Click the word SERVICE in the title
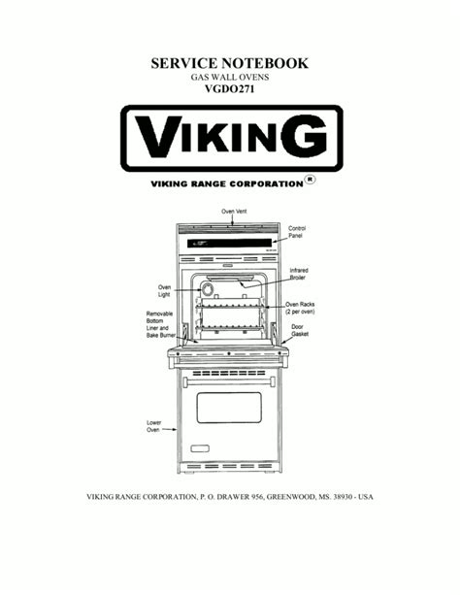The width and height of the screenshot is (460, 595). click(x=183, y=63)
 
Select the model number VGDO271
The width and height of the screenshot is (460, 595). click(x=230, y=88)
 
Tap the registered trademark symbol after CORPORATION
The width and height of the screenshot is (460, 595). click(x=311, y=180)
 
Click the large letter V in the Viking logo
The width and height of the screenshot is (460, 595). click(x=158, y=136)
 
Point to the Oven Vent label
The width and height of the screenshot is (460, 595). click(x=234, y=211)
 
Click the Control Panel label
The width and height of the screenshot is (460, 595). click(x=297, y=232)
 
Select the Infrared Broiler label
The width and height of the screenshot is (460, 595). click(x=299, y=274)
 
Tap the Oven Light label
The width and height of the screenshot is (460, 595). click(x=164, y=290)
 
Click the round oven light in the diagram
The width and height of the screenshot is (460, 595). click(x=207, y=289)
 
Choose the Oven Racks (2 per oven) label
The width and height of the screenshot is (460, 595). click(x=300, y=308)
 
